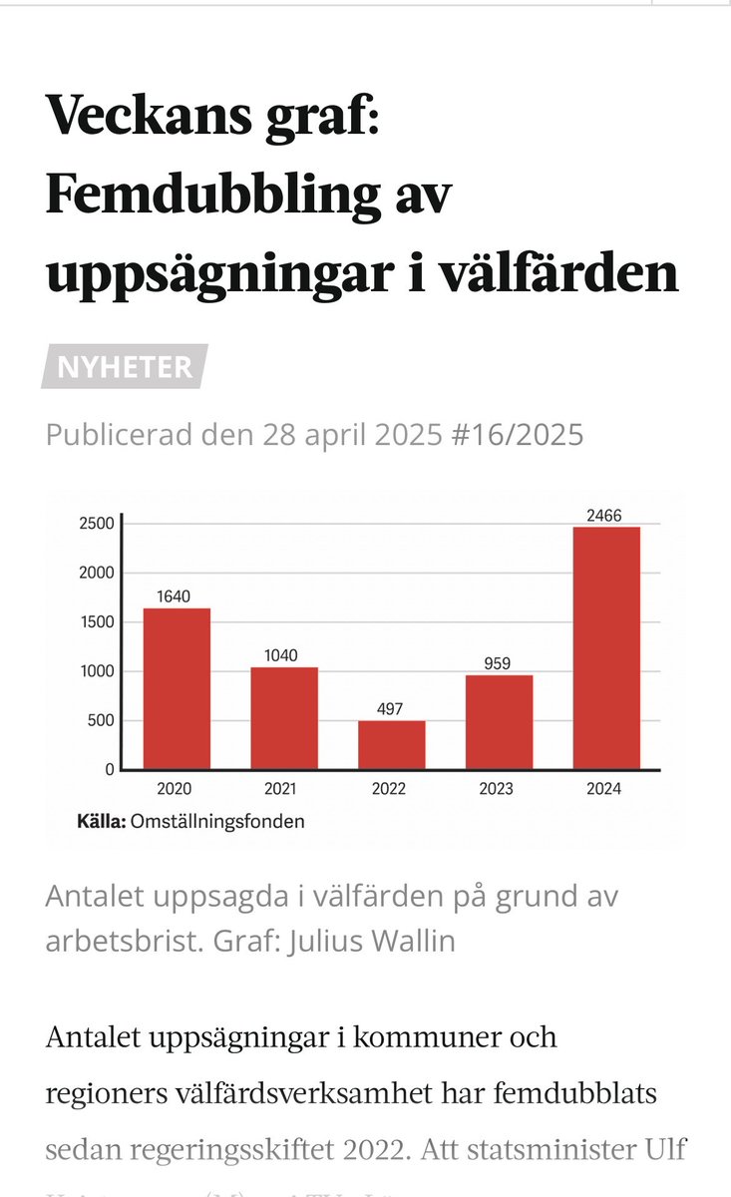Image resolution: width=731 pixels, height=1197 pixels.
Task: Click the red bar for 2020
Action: [x=177, y=688]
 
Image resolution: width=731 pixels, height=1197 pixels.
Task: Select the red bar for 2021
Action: [x=284, y=718]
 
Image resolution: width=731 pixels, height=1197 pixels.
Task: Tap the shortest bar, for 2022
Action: [x=392, y=744]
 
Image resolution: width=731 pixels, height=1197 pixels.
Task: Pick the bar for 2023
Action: [x=499, y=721]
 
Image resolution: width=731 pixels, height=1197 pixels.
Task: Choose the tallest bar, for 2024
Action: [x=606, y=647]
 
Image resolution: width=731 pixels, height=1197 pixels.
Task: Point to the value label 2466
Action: [x=606, y=516]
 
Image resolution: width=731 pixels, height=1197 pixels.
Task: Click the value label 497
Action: [x=392, y=709]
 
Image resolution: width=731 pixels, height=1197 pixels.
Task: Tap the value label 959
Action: [x=499, y=663]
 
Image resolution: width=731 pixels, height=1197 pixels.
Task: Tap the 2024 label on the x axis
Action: [x=606, y=789]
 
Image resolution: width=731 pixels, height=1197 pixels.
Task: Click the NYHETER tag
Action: [x=125, y=367]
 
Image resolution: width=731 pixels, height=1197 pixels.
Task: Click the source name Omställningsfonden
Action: [x=217, y=823]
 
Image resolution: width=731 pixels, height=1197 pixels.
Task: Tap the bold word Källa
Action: [x=101, y=823]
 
